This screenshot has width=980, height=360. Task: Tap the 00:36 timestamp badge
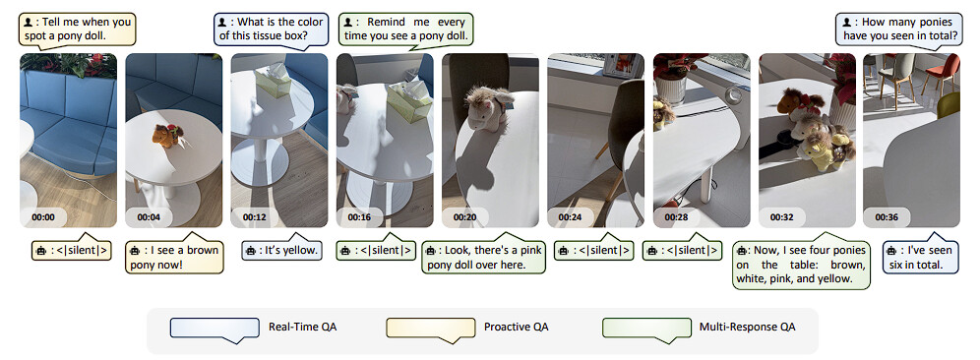click(887, 217)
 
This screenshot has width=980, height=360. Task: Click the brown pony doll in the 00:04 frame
click(167, 135)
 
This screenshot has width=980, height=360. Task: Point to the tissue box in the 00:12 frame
click(273, 81)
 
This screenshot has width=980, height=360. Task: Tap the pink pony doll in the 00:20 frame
click(487, 109)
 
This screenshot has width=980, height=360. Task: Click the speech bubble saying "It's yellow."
click(281, 250)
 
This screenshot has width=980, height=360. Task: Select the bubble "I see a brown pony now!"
click(174, 257)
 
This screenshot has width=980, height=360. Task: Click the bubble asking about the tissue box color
click(270, 30)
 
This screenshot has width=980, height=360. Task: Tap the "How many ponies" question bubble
click(899, 30)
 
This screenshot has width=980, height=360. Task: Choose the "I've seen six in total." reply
click(921, 256)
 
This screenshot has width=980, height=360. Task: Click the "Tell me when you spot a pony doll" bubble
click(78, 30)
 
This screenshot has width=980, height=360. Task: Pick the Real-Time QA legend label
click(302, 327)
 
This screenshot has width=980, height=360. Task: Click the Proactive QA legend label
click(517, 327)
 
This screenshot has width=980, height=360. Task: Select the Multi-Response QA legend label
click(748, 327)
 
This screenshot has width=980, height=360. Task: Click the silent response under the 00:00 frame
click(71, 250)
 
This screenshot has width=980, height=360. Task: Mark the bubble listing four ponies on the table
click(801, 264)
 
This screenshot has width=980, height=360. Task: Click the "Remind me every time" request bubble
click(404, 30)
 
